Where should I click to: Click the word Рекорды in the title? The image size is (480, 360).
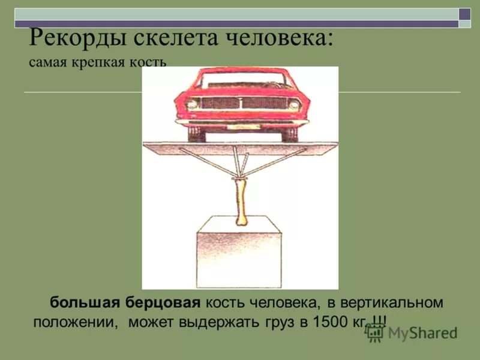(77, 38)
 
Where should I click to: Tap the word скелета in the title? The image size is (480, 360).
(176, 38)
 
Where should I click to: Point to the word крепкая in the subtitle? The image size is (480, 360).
(98, 63)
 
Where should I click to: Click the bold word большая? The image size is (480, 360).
(85, 302)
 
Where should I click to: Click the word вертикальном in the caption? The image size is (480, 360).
(392, 303)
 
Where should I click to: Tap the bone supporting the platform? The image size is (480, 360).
(241, 202)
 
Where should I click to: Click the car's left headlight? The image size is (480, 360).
(191, 104)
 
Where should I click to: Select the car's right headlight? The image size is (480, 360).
(294, 106)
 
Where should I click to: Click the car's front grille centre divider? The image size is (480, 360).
(241, 103)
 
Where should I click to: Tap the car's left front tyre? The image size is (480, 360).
(196, 134)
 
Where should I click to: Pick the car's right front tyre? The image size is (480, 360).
(289, 134)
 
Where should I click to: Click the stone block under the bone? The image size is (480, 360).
(239, 252)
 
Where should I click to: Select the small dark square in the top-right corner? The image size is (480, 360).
(464, 14)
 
